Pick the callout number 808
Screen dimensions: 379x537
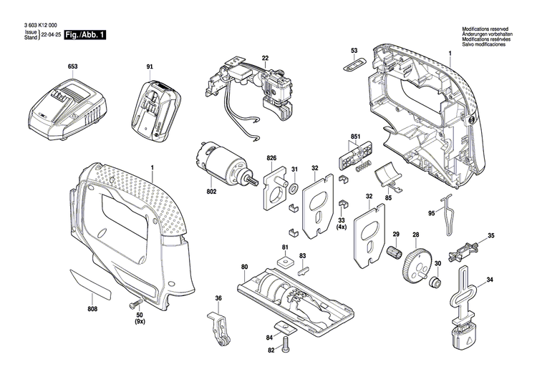pos(92,309)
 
